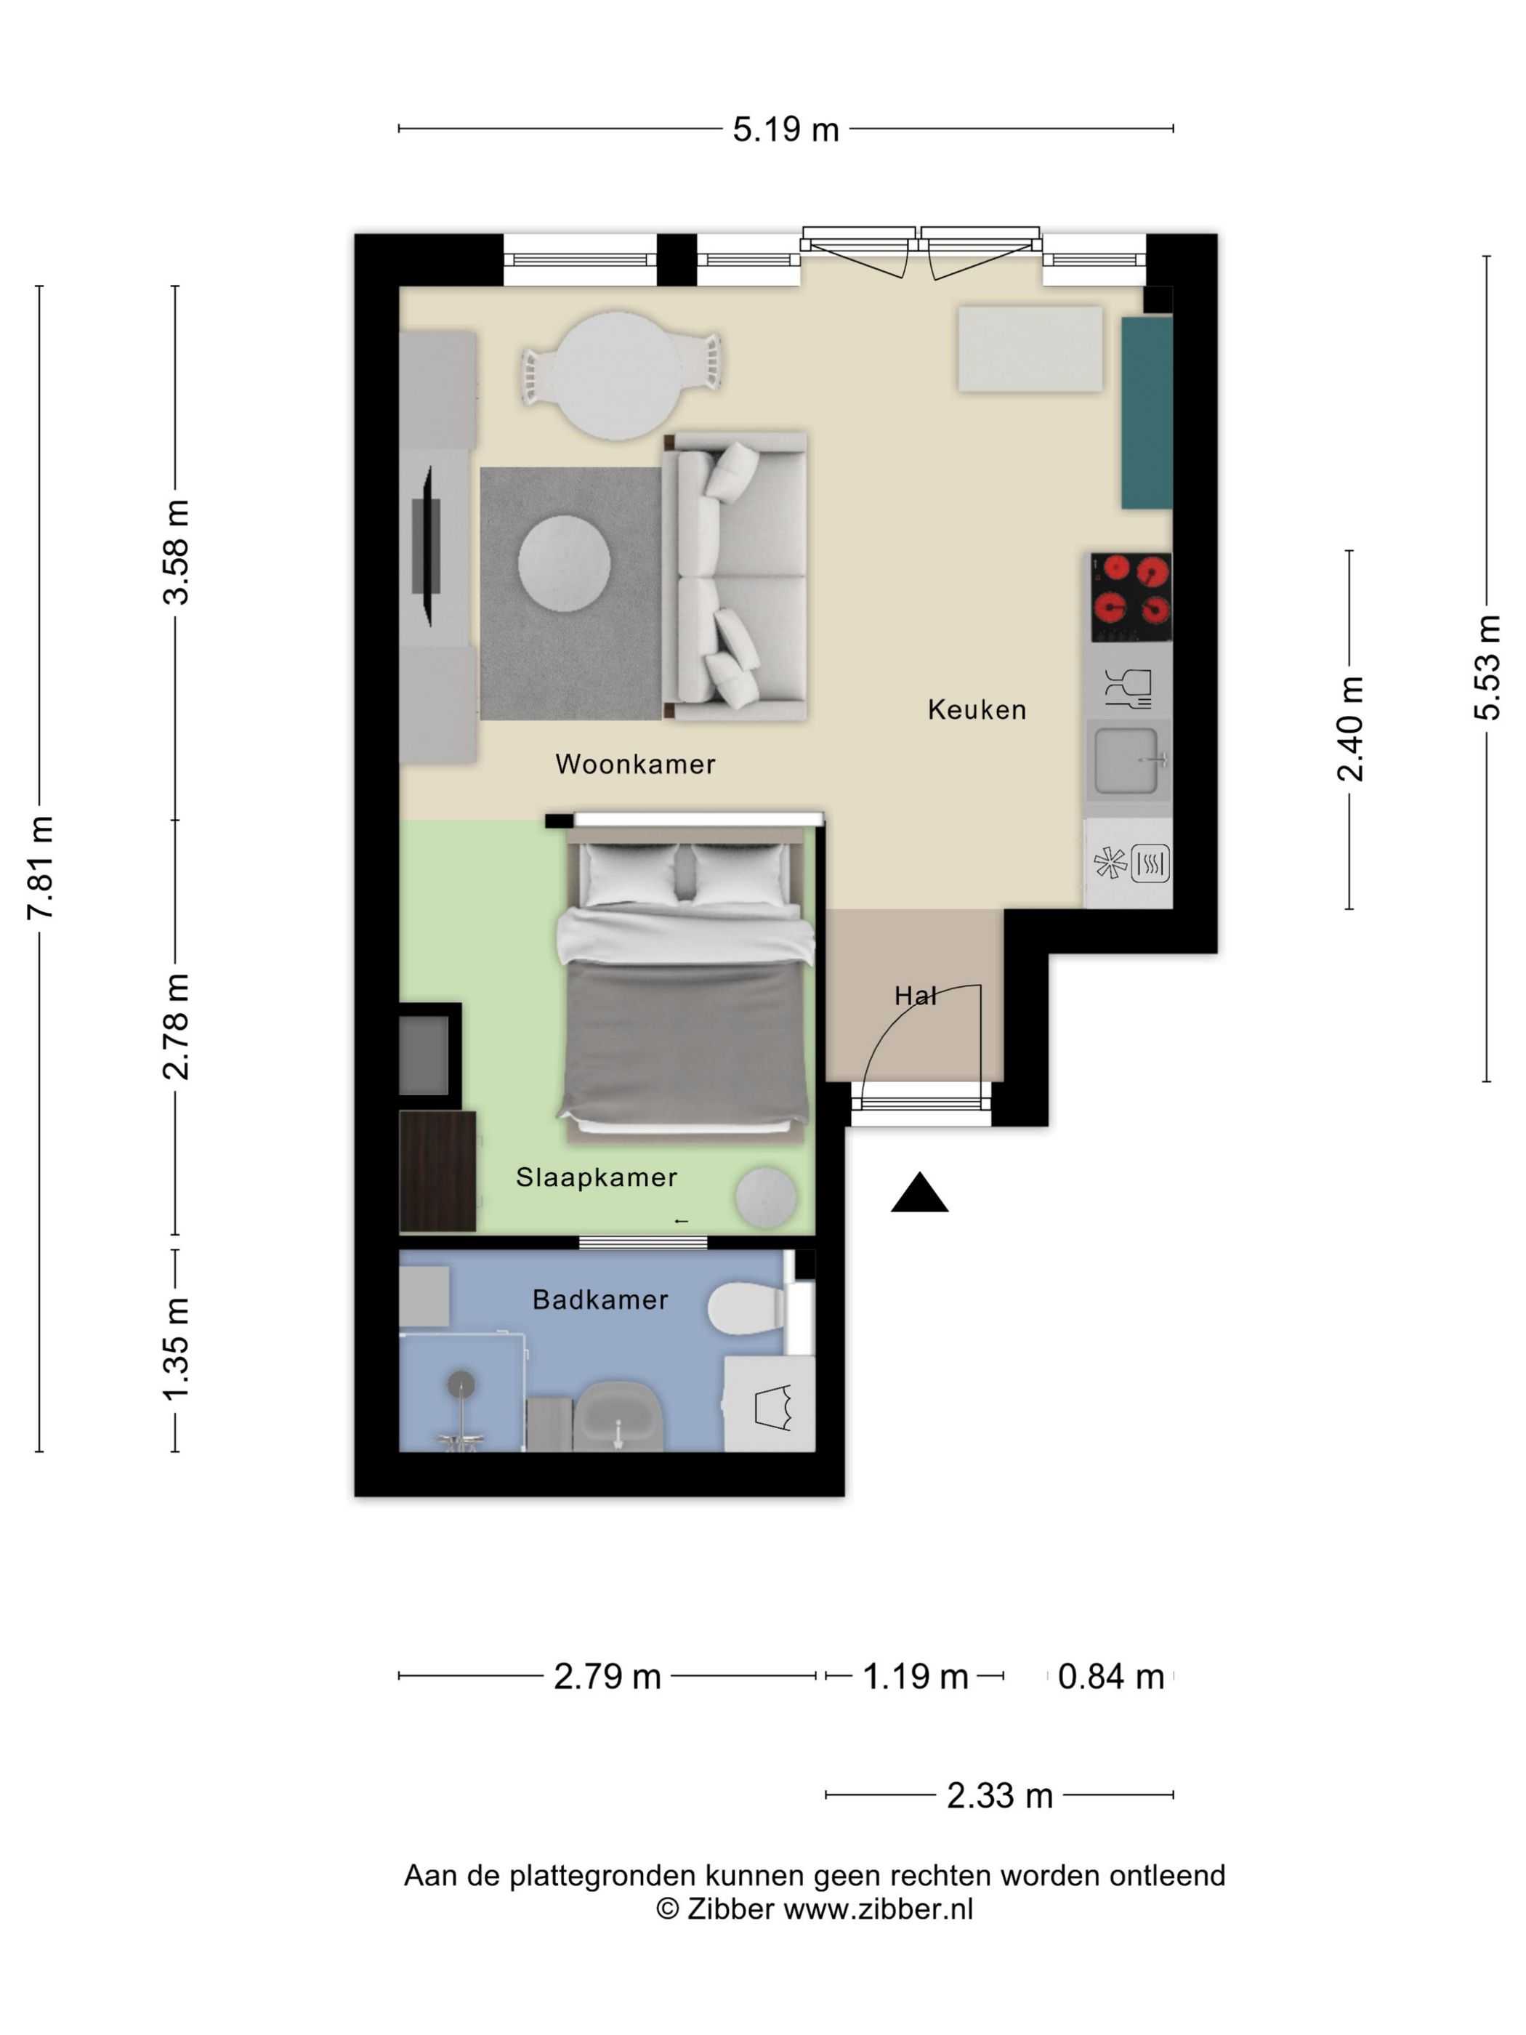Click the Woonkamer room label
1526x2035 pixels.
point(634,764)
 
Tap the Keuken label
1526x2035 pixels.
point(976,709)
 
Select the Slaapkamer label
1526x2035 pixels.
point(596,1177)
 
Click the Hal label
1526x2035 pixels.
point(915,996)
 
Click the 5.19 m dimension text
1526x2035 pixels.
point(786,129)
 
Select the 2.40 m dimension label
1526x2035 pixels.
point(1350,729)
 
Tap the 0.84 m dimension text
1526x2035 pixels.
point(1110,1676)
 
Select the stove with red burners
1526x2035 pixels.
point(1131,597)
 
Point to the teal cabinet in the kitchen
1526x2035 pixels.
point(1146,412)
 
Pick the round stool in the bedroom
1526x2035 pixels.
point(765,1197)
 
